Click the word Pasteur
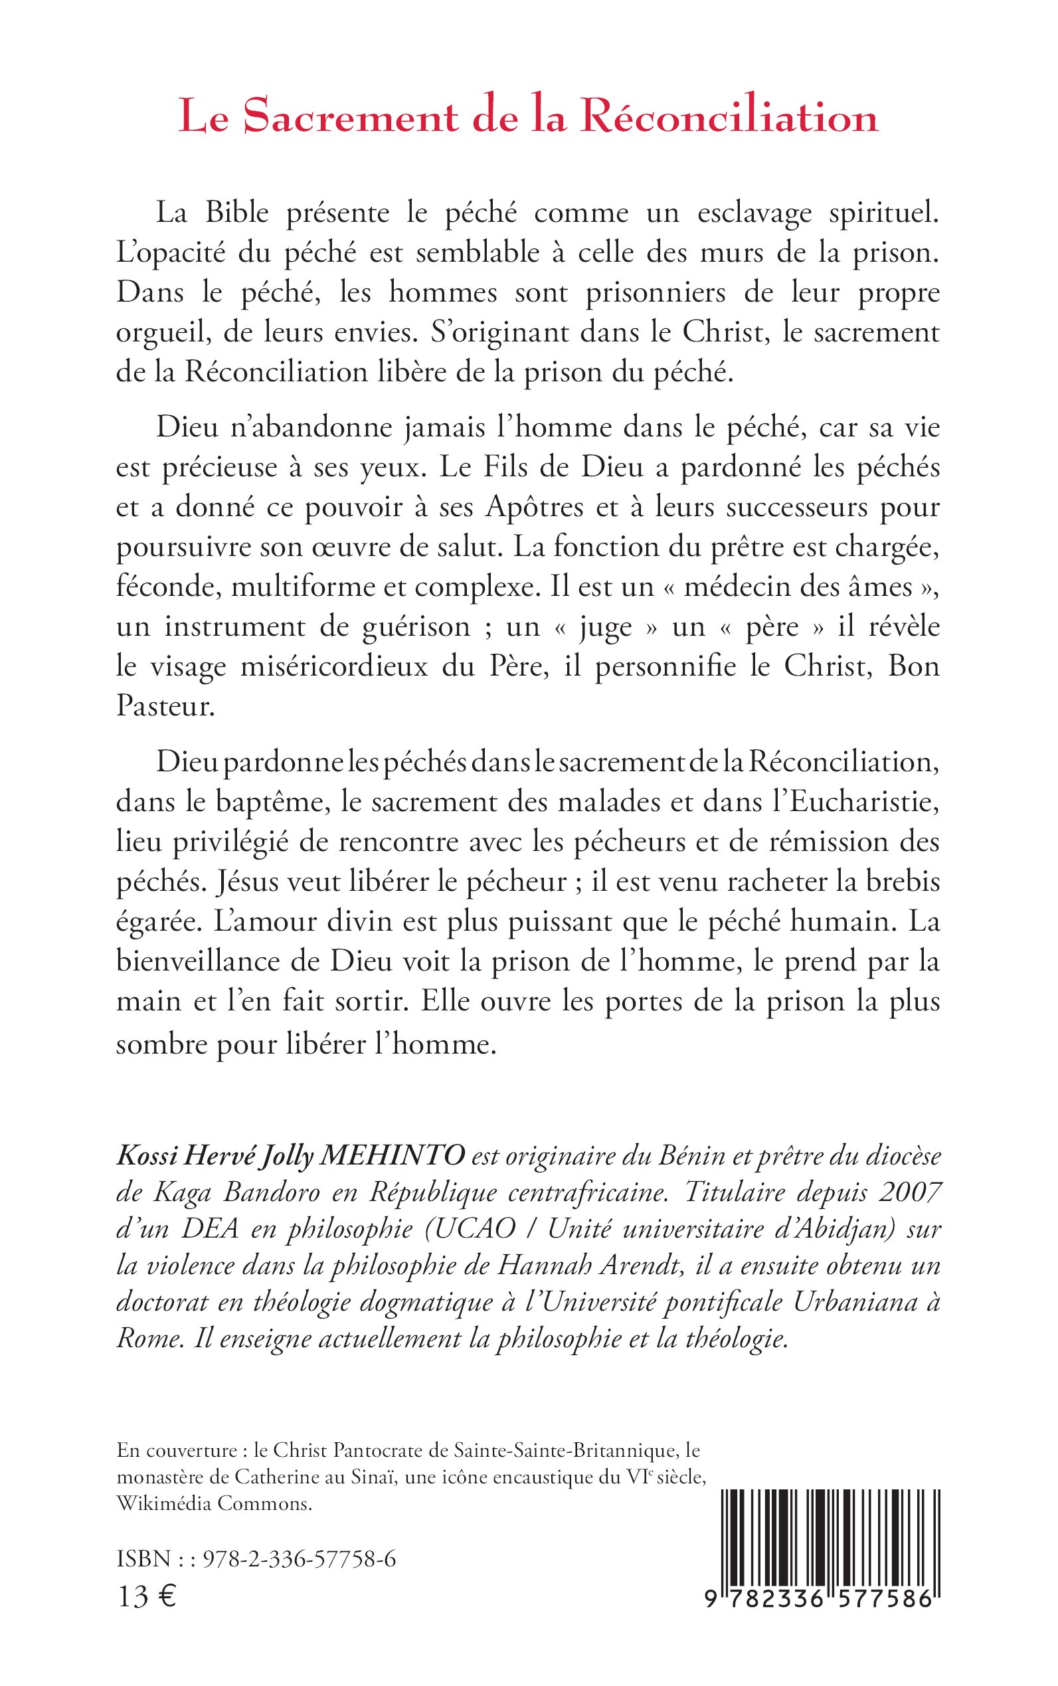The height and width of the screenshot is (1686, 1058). pyautogui.click(x=164, y=706)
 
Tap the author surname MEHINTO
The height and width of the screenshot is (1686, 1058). pyautogui.click(x=392, y=1156)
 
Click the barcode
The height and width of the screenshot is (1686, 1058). pyautogui.click(x=829, y=1550)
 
